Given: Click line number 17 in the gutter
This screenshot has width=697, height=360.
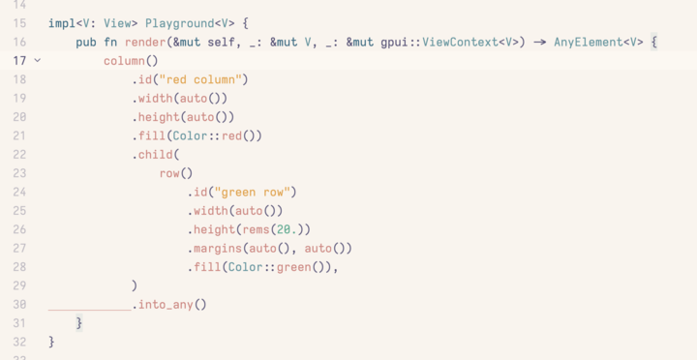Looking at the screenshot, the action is click(19, 61).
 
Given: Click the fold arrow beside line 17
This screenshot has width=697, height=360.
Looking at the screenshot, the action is click(38, 61).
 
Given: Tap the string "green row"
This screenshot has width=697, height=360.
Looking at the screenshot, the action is click(255, 192).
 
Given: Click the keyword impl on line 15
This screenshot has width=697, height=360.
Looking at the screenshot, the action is click(61, 23).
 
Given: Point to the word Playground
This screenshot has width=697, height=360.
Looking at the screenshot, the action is click(178, 23).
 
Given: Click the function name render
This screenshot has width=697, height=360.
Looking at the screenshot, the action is click(145, 43).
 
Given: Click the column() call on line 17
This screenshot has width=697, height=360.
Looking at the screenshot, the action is click(131, 61).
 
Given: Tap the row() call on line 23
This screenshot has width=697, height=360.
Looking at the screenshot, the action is click(176, 173).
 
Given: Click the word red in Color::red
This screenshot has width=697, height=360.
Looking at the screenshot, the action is click(232, 135).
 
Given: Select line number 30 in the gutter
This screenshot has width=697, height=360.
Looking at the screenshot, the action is click(19, 305).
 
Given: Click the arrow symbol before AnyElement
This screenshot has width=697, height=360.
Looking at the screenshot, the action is click(538, 43).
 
